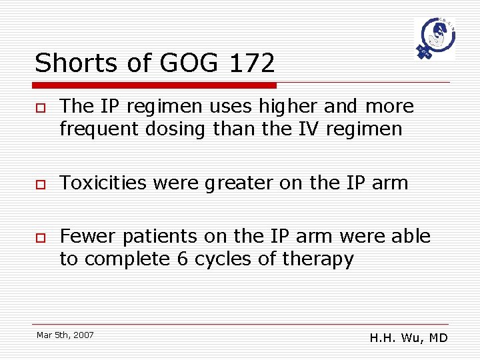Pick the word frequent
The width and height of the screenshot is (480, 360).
tap(92, 129)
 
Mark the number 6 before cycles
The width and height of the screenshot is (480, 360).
tap(182, 259)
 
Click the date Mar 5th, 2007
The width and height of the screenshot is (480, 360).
tap(65, 334)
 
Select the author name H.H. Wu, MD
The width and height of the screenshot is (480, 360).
tap(408, 338)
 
